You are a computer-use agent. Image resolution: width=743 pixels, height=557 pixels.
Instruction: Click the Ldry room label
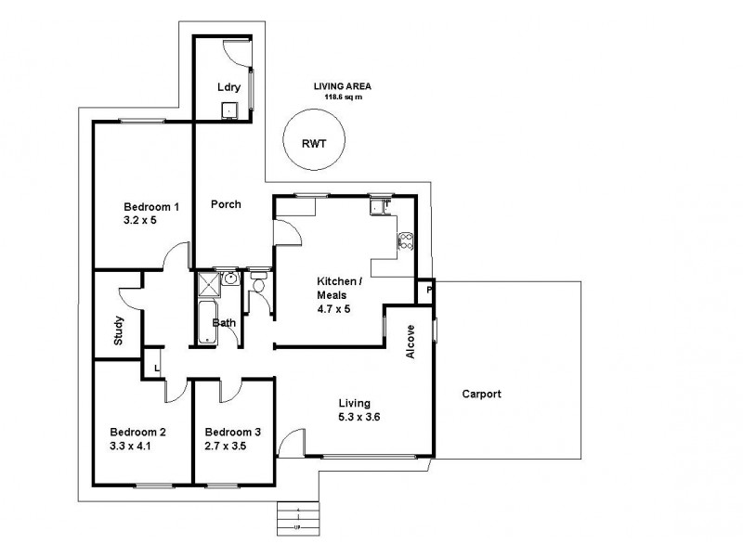228,88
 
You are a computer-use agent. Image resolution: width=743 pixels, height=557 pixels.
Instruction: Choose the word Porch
226,204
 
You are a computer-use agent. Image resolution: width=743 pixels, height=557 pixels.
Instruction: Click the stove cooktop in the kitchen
405,241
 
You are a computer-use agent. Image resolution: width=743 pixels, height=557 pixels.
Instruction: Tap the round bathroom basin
229,278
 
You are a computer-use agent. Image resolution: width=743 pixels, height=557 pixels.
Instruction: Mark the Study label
119,331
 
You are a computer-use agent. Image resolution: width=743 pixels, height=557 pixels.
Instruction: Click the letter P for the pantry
428,291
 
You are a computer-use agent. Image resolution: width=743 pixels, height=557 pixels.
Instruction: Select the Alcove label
411,342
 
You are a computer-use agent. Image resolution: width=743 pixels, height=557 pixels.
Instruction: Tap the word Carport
481,394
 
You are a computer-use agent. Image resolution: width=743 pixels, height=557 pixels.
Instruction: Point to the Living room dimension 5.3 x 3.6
358,418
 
